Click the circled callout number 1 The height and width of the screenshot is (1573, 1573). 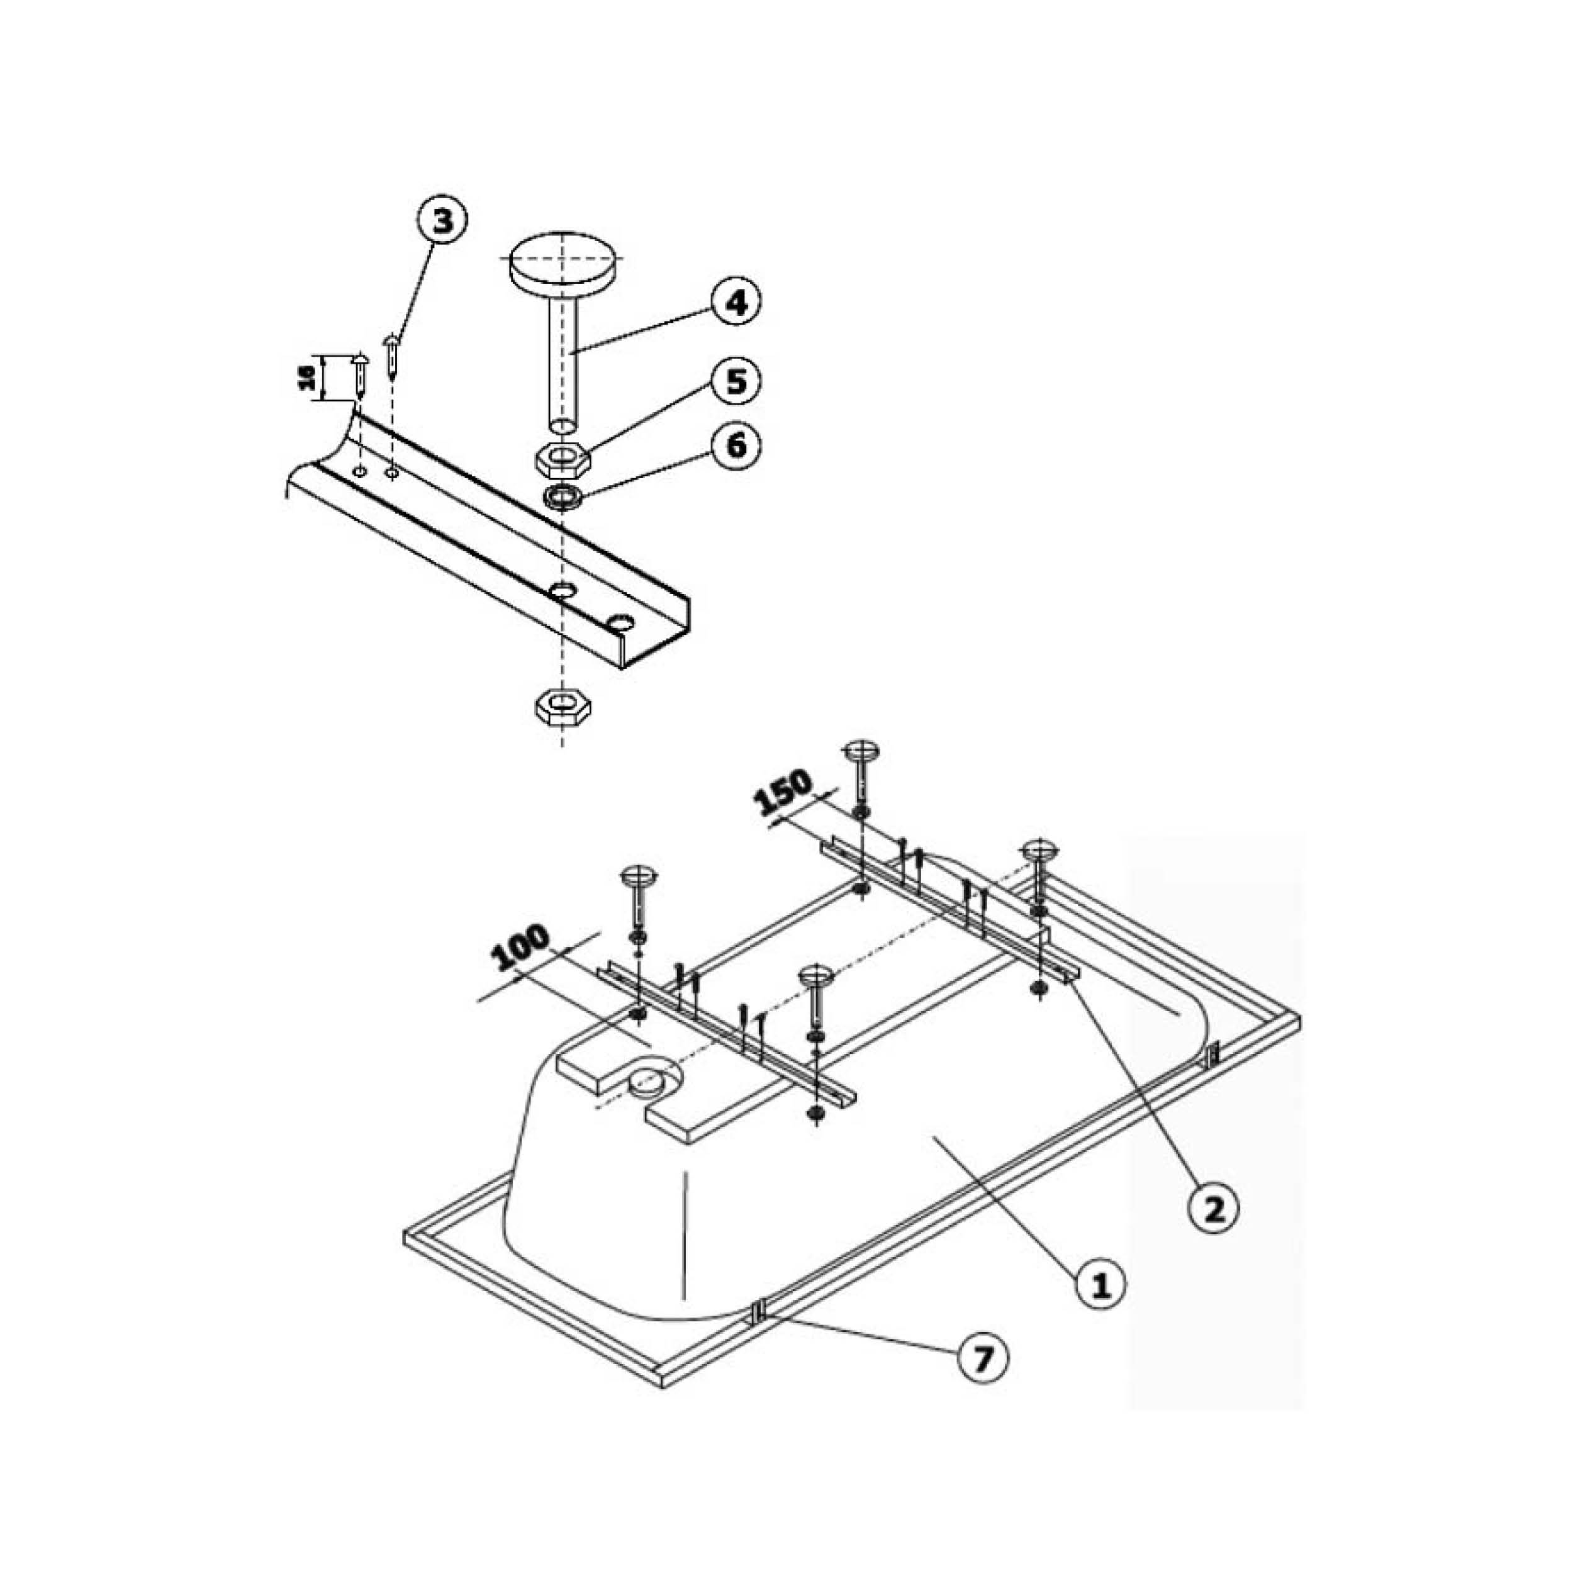1100,1307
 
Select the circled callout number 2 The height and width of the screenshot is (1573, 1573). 1213,1232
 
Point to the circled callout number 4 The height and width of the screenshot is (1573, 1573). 736,302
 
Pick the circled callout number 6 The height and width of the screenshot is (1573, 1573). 736,445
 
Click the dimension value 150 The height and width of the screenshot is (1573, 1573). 783,792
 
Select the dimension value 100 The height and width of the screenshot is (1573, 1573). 522,948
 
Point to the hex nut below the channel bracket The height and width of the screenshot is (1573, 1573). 563,705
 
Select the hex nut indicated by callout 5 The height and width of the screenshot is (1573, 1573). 563,460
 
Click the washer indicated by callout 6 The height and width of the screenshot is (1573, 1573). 563,496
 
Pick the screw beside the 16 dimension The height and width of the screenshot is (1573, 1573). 360,376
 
